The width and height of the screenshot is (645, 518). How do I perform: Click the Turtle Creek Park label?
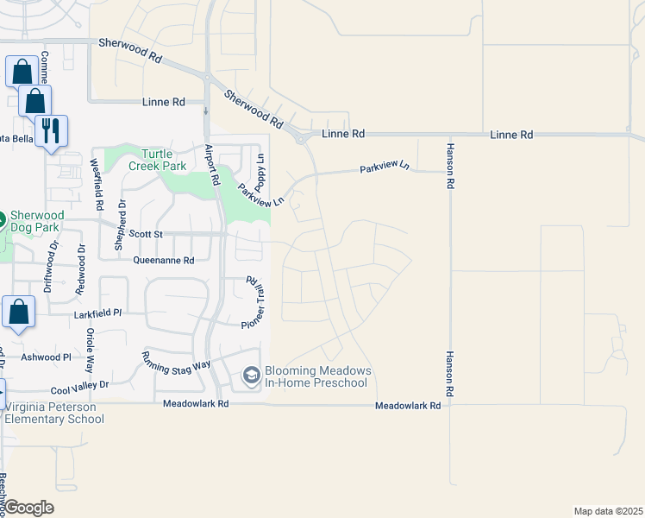pos(157,159)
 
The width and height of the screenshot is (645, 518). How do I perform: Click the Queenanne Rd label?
pos(164,260)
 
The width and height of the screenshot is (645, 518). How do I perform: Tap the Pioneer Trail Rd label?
pos(256,302)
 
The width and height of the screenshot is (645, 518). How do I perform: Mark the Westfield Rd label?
pos(97,184)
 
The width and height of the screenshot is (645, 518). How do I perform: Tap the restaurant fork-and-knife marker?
pos(51,130)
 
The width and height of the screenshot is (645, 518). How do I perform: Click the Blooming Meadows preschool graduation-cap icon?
pos(251,375)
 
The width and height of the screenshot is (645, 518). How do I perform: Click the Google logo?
pos(29,508)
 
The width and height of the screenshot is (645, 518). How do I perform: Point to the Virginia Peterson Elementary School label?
pos(53,413)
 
